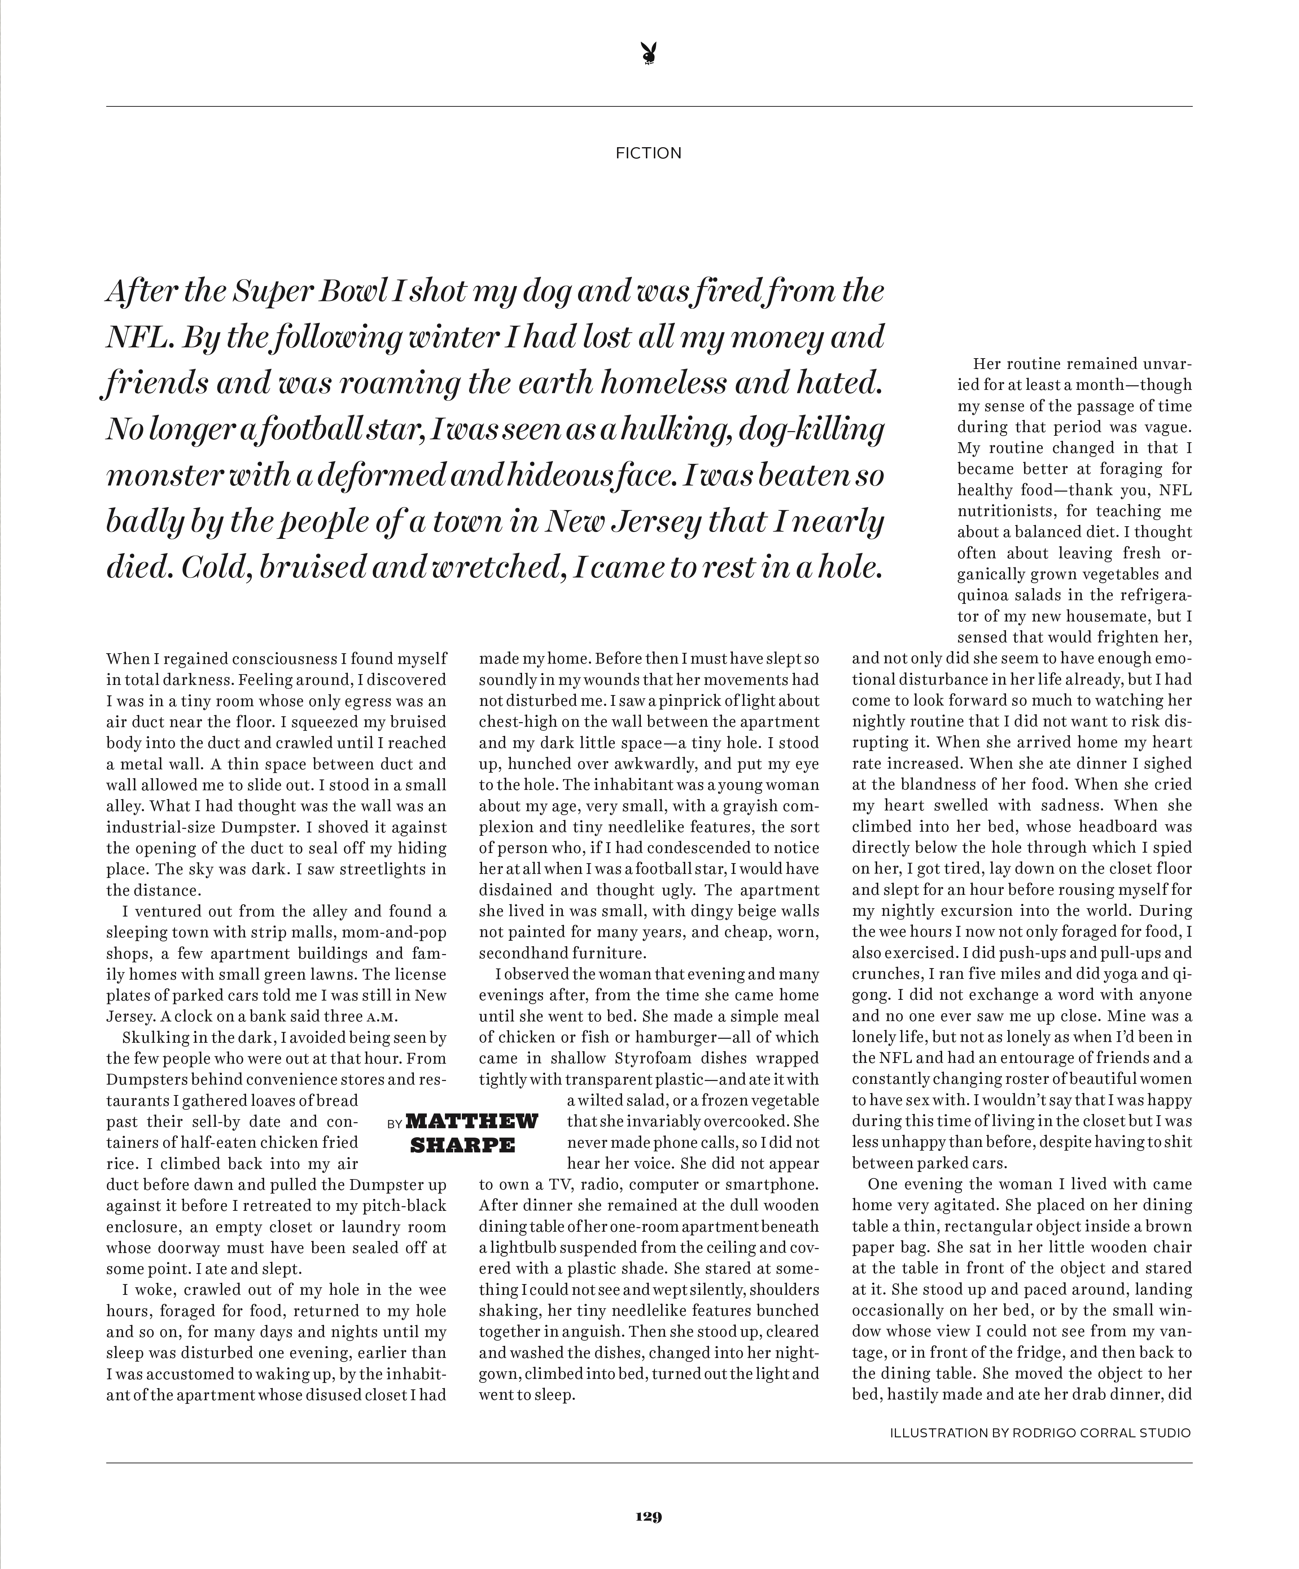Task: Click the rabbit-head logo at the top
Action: pyautogui.click(x=649, y=54)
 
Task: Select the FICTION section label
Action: pyautogui.click(x=648, y=153)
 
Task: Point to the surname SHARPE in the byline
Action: pyautogui.click(x=463, y=1144)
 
